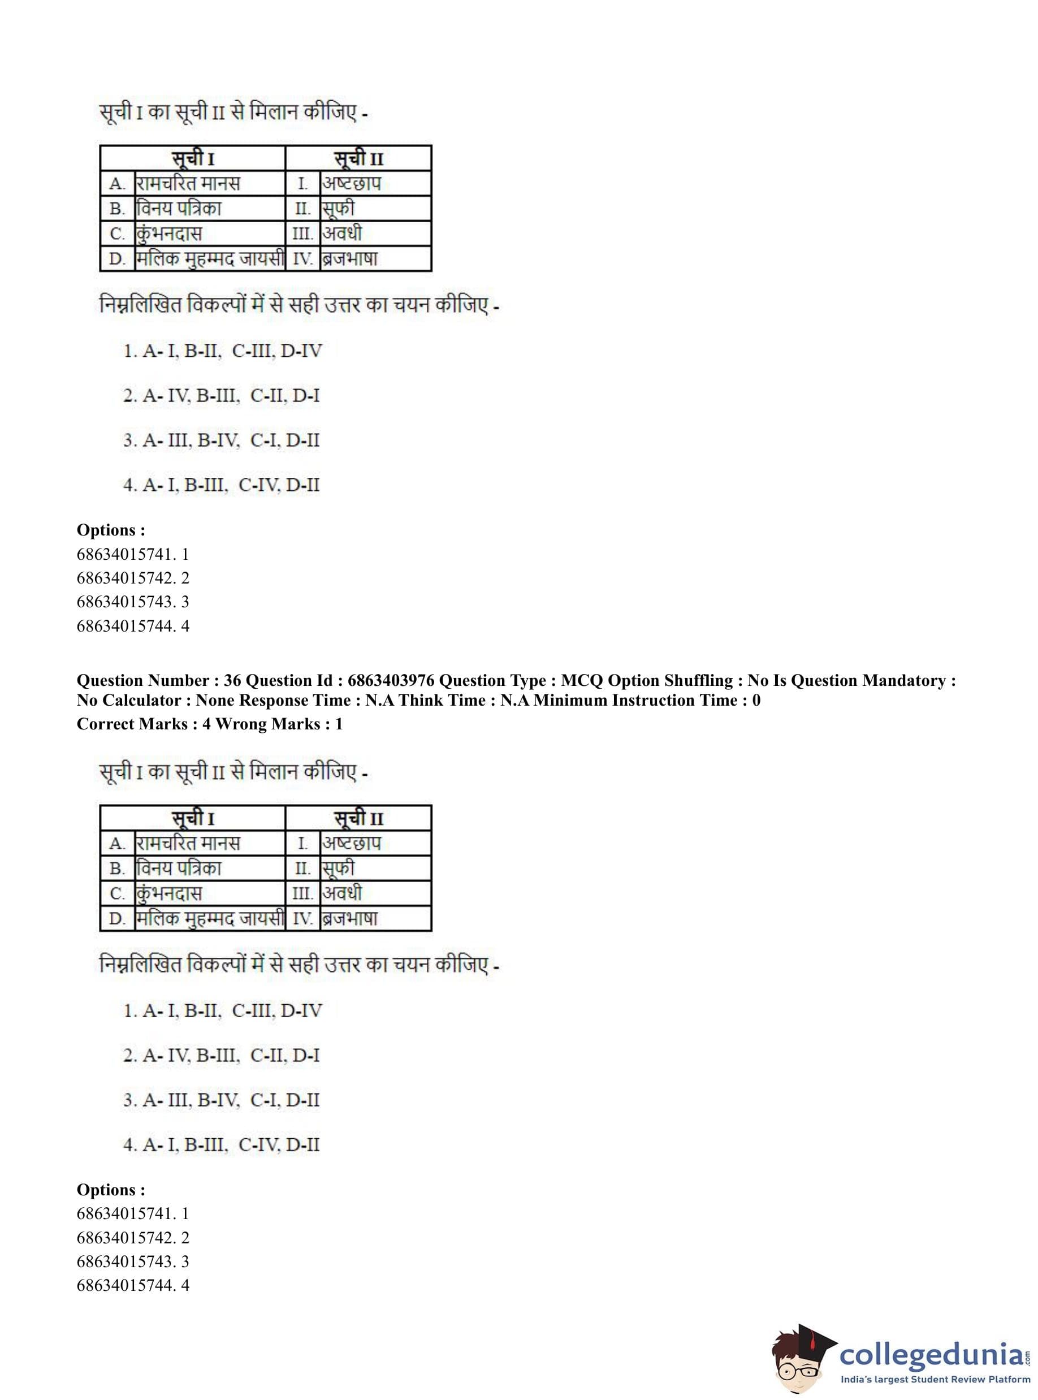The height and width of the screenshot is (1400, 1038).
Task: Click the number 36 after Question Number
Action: coord(232,681)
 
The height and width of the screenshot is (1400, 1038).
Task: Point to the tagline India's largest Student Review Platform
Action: coord(935,1380)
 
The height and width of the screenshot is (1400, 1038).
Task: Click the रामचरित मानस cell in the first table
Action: coord(188,184)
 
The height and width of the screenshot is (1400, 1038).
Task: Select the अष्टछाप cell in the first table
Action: coord(352,184)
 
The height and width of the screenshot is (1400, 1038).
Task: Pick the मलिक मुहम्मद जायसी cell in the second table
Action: coord(210,919)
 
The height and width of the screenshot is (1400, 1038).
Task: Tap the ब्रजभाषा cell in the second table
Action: coord(350,919)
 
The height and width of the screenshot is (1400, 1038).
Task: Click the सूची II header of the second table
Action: coord(358,819)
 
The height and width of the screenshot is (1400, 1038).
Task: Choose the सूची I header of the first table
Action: coord(193,158)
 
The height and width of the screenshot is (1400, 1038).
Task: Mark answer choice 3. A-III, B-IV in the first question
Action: coord(221,440)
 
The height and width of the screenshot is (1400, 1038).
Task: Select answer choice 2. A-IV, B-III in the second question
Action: coord(221,1055)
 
